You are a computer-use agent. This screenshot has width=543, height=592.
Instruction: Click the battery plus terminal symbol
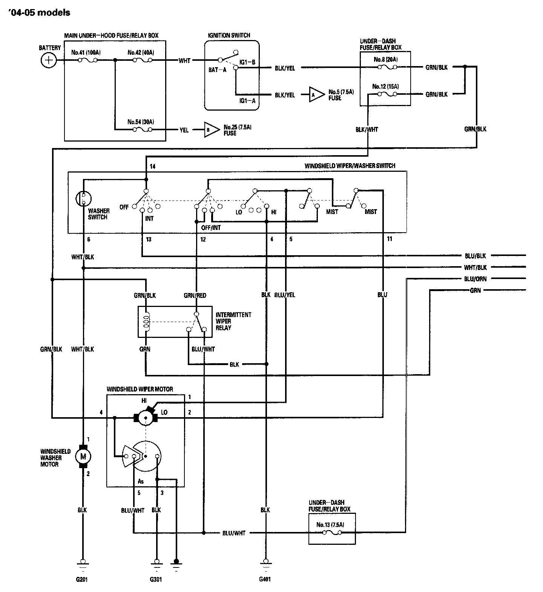pos(48,60)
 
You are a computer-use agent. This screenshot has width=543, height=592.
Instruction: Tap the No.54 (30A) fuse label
pos(141,122)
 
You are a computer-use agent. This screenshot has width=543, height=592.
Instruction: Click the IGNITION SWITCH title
pos(229,35)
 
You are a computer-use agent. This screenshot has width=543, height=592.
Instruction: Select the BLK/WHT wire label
pos(367,129)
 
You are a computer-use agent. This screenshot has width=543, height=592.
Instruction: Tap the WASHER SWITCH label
pos(99,214)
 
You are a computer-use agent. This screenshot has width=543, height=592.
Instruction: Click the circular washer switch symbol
pos(84,199)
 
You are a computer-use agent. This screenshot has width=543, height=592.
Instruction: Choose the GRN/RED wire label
pos(195,296)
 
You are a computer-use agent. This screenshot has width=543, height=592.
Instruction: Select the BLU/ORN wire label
pos(476,279)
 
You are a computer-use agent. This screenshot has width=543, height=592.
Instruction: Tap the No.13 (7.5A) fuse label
pos(330,525)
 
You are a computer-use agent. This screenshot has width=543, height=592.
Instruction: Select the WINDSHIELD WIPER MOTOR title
pos(140,389)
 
